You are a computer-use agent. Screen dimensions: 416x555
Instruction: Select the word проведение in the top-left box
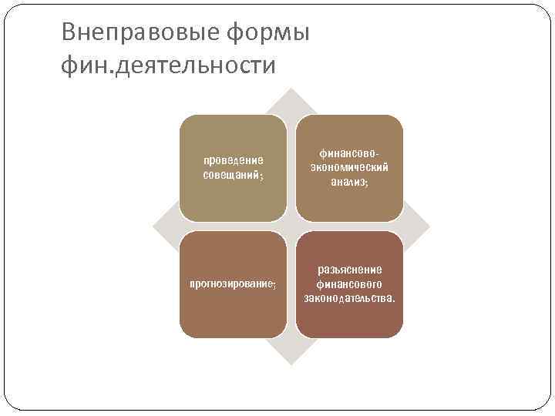233,160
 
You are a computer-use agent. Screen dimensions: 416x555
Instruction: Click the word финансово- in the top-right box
349,153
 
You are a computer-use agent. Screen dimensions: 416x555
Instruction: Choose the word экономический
349,167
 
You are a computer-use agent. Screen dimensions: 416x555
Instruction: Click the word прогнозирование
230,284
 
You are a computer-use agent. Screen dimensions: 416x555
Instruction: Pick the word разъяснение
349,270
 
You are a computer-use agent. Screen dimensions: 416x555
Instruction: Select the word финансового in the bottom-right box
349,283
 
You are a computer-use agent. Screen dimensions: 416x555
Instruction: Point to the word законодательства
347,298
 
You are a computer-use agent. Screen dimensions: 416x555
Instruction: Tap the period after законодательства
393,300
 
